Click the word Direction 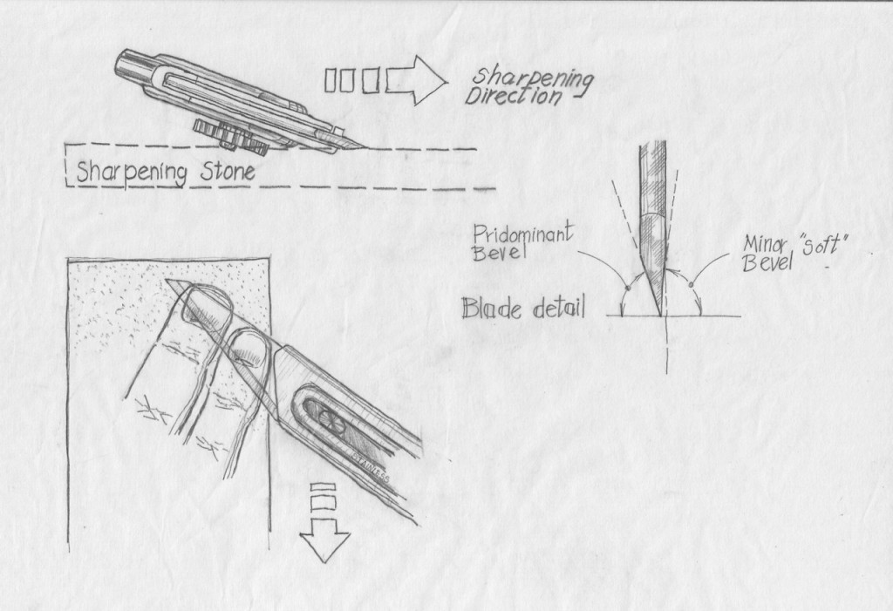pos(513,97)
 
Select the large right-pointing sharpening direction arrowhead pos(417,80)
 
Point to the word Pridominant pos(522,234)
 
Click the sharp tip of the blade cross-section pos(656,312)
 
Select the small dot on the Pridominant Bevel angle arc pos(626,286)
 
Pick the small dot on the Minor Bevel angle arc pos(691,283)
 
